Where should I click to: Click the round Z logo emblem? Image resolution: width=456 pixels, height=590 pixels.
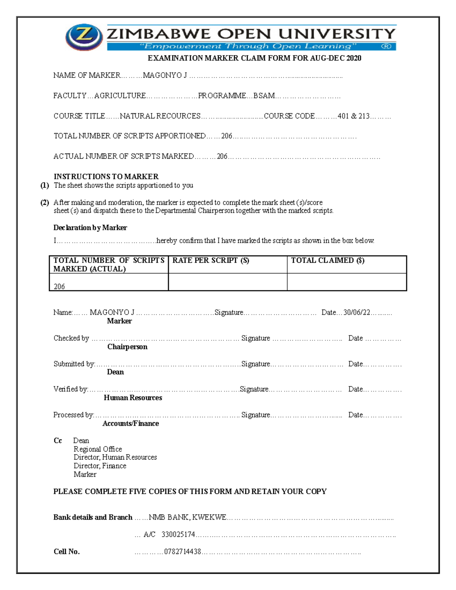click(x=84, y=37)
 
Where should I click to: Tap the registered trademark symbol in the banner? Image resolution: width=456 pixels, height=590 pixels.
click(x=386, y=46)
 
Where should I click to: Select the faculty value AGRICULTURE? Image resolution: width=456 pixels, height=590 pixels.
click(x=120, y=96)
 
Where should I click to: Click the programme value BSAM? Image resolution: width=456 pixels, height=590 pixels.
click(x=264, y=96)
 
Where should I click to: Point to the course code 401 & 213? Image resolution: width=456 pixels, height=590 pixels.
click(x=353, y=116)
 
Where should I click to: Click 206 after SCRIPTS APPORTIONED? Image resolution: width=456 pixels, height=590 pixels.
click(x=226, y=136)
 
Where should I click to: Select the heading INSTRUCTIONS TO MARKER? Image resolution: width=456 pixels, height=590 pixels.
click(x=106, y=176)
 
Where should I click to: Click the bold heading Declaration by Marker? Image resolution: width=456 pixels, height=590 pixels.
click(x=90, y=228)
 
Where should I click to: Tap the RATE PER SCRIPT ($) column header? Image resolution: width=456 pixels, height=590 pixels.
click(x=211, y=260)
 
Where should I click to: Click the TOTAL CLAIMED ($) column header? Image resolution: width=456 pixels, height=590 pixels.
click(x=328, y=260)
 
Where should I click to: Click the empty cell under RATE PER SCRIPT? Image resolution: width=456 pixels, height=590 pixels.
click(x=227, y=282)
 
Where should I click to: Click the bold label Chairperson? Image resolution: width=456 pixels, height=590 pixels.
click(x=127, y=346)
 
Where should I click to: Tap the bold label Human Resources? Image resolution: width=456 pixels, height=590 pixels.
click(x=133, y=397)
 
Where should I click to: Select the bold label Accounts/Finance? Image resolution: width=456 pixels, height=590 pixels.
click(x=131, y=423)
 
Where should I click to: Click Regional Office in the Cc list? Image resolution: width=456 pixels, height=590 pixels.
click(x=98, y=449)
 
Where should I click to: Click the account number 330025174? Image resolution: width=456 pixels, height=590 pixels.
click(x=178, y=535)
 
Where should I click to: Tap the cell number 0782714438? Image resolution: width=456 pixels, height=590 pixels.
click(x=182, y=552)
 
